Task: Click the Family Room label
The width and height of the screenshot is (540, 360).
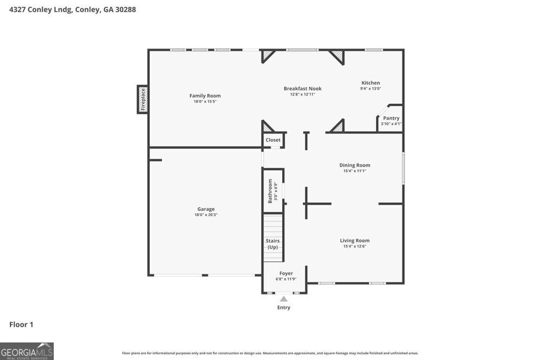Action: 205,95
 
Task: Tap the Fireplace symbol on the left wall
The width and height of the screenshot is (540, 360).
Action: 142,99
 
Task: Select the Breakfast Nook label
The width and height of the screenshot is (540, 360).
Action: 302,89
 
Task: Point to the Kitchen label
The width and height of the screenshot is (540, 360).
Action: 370,83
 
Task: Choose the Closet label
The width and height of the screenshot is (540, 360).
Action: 273,140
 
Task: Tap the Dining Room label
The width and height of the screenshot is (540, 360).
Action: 354,165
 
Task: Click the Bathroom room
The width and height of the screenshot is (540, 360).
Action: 273,191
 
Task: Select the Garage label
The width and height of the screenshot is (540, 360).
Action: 206,209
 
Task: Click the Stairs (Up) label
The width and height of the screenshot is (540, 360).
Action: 273,244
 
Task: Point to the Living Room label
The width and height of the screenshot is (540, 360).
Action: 354,240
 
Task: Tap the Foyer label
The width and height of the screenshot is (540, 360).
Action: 286,274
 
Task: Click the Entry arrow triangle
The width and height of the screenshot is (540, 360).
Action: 284,299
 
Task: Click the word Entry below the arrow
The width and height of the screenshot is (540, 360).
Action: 284,308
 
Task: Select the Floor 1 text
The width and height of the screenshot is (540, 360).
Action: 21,325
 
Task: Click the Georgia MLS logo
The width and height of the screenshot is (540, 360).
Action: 27,351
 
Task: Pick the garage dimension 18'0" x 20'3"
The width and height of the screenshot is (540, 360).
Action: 206,215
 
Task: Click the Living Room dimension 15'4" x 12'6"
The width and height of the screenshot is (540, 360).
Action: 354,246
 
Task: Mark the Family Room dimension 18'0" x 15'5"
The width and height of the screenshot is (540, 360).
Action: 205,101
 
